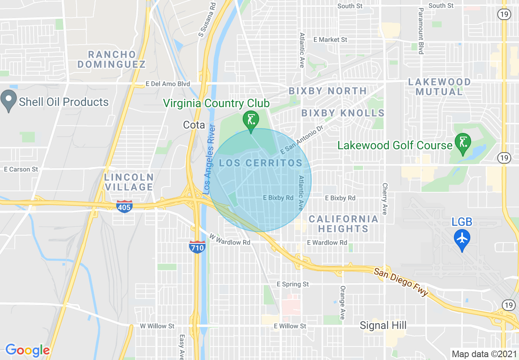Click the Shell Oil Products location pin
coord(9,101)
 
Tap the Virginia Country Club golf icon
coord(251,121)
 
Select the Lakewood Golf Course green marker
coord(463,144)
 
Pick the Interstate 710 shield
coord(197,246)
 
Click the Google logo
coord(27,350)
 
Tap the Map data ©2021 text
coord(483,354)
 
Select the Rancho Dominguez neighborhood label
coord(112,59)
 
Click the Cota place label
coord(194,125)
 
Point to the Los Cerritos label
coord(261,163)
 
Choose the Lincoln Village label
coord(129,182)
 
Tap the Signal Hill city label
coord(383,326)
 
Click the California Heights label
coord(343,224)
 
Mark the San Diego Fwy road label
coord(401,282)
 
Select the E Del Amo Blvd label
coord(168,84)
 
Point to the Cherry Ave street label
coord(384,199)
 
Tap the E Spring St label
coord(293,284)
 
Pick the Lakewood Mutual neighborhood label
coord(439,87)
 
